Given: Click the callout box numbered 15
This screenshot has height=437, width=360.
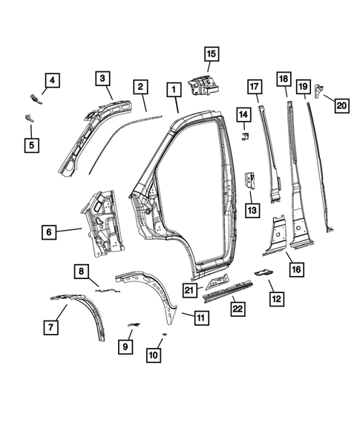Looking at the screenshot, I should [x=212, y=53].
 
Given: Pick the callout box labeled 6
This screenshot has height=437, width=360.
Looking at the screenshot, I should [x=48, y=232].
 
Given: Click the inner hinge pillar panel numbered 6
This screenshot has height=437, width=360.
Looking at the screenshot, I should [x=102, y=220].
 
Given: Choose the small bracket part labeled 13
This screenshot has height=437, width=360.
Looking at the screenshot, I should [x=250, y=180].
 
